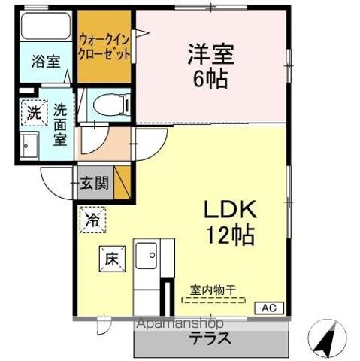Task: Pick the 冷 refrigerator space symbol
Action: pyautogui.click(x=92, y=220)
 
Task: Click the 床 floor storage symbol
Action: pyautogui.click(x=110, y=259)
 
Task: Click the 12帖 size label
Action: pyautogui.click(x=230, y=235)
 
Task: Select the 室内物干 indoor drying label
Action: pyautogui.click(x=215, y=288)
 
